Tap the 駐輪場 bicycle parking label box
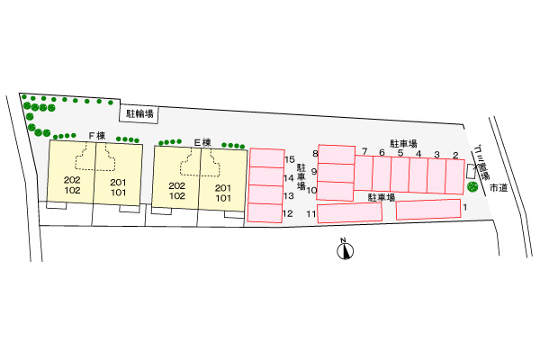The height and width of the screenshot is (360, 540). (139, 113)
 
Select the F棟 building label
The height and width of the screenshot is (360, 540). (96, 135)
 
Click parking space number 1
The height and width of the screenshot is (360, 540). (427, 210)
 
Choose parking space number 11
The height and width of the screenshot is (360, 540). (349, 213)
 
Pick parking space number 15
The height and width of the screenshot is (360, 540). (265, 158)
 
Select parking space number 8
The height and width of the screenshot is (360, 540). (336, 154)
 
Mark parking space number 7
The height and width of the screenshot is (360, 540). (364, 174)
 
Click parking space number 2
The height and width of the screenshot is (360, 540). (455, 175)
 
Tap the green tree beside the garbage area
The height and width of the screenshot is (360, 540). (473, 187)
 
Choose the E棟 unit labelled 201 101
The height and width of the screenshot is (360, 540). (222, 191)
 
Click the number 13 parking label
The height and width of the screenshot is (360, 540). (289, 195)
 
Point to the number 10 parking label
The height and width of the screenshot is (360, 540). (311, 190)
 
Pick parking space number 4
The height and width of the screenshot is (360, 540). (419, 174)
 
